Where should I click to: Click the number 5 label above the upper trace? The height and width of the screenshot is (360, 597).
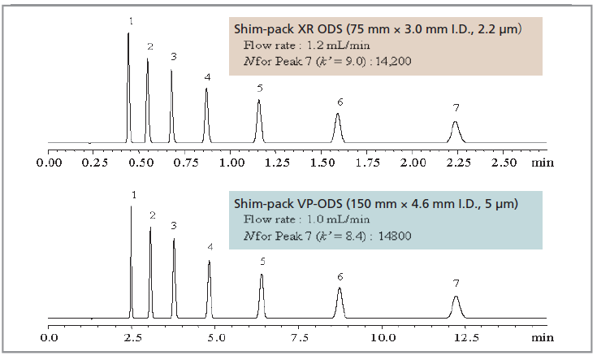[259, 88]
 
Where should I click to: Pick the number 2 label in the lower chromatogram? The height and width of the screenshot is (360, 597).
[152, 215]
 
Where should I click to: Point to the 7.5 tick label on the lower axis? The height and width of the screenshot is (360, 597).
[300, 335]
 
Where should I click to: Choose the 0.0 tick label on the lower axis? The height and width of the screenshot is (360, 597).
[50, 335]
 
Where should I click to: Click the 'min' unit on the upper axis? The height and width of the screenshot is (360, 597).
[541, 162]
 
